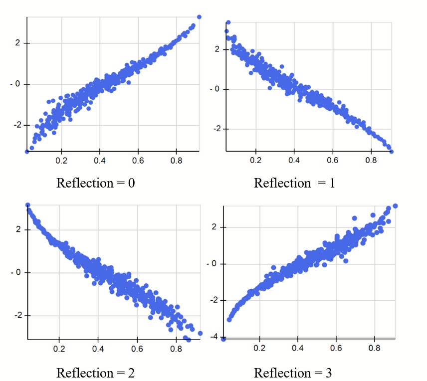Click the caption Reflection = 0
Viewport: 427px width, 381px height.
click(x=96, y=183)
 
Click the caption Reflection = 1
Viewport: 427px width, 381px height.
click(x=294, y=183)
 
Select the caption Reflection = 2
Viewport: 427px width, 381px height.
click(x=96, y=373)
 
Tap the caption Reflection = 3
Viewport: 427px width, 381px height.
click(x=293, y=373)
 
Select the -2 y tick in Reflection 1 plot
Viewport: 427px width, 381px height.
click(x=216, y=129)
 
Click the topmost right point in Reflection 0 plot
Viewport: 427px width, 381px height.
click(x=199, y=17)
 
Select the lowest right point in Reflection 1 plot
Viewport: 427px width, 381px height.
click(x=392, y=151)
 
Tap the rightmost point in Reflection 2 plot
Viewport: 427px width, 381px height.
click(x=201, y=333)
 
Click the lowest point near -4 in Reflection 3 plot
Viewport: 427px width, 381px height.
click(x=223, y=339)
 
